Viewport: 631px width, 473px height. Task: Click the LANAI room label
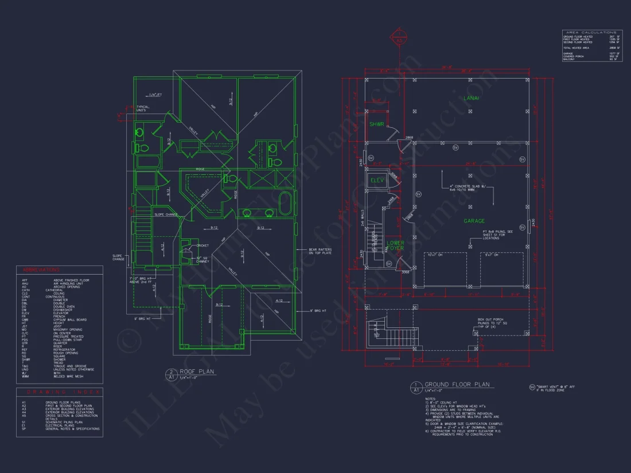pos(472,99)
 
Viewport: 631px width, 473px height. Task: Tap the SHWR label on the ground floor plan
pos(376,124)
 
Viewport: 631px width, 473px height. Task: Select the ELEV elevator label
pos(377,180)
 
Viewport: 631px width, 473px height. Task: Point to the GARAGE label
pos(474,221)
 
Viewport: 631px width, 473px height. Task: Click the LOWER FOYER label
pos(395,245)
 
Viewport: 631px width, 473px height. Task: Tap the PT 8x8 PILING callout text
pos(497,235)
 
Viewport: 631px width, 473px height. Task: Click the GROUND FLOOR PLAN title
pos(457,385)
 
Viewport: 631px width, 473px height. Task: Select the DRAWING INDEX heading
pos(59,392)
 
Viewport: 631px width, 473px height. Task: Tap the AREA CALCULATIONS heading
pos(591,32)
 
